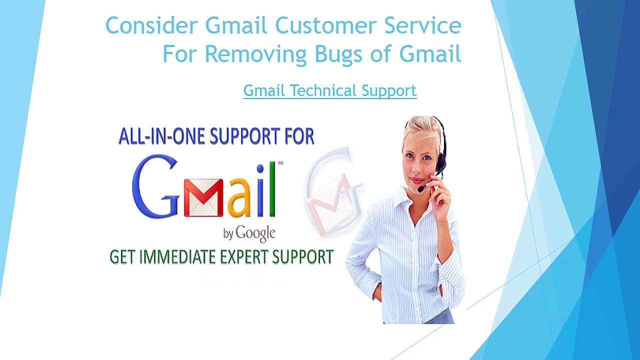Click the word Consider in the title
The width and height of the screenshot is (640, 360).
[151, 25]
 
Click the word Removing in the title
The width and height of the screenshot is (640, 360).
[255, 54]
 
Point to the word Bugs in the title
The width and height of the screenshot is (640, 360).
[338, 54]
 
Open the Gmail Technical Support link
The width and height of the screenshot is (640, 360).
[330, 90]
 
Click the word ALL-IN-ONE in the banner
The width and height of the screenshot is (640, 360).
[161, 136]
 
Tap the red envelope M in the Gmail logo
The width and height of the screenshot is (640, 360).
[203, 197]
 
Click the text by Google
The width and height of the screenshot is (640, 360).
[249, 234]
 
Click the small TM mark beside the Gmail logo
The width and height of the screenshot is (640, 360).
[280, 163]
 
